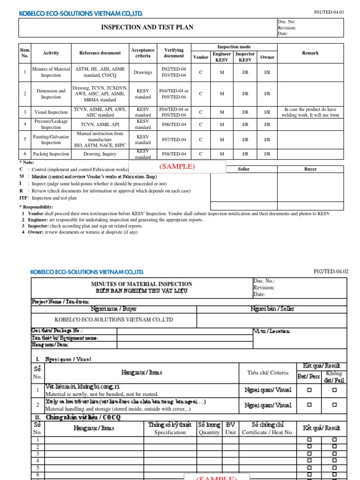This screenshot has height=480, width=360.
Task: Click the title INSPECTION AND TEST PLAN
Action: [x=147, y=28]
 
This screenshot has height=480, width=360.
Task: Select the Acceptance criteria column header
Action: [x=142, y=53]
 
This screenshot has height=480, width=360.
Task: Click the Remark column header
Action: [x=310, y=53]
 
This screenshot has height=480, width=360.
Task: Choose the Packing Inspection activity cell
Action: [x=51, y=154]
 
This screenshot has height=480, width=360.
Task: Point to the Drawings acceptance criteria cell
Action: [x=142, y=72]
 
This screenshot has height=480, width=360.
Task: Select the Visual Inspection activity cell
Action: [x=51, y=112]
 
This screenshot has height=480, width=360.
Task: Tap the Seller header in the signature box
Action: [x=244, y=169]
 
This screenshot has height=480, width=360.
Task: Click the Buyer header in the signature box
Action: [x=310, y=169]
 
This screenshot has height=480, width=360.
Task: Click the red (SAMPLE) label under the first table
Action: [x=177, y=167]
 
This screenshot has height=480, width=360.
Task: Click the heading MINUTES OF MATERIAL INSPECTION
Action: [x=142, y=284]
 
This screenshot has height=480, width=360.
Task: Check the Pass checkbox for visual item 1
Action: [x=309, y=390]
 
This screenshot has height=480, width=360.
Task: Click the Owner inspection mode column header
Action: [x=267, y=57]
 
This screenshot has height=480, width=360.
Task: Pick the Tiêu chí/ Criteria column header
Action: [x=268, y=373]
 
